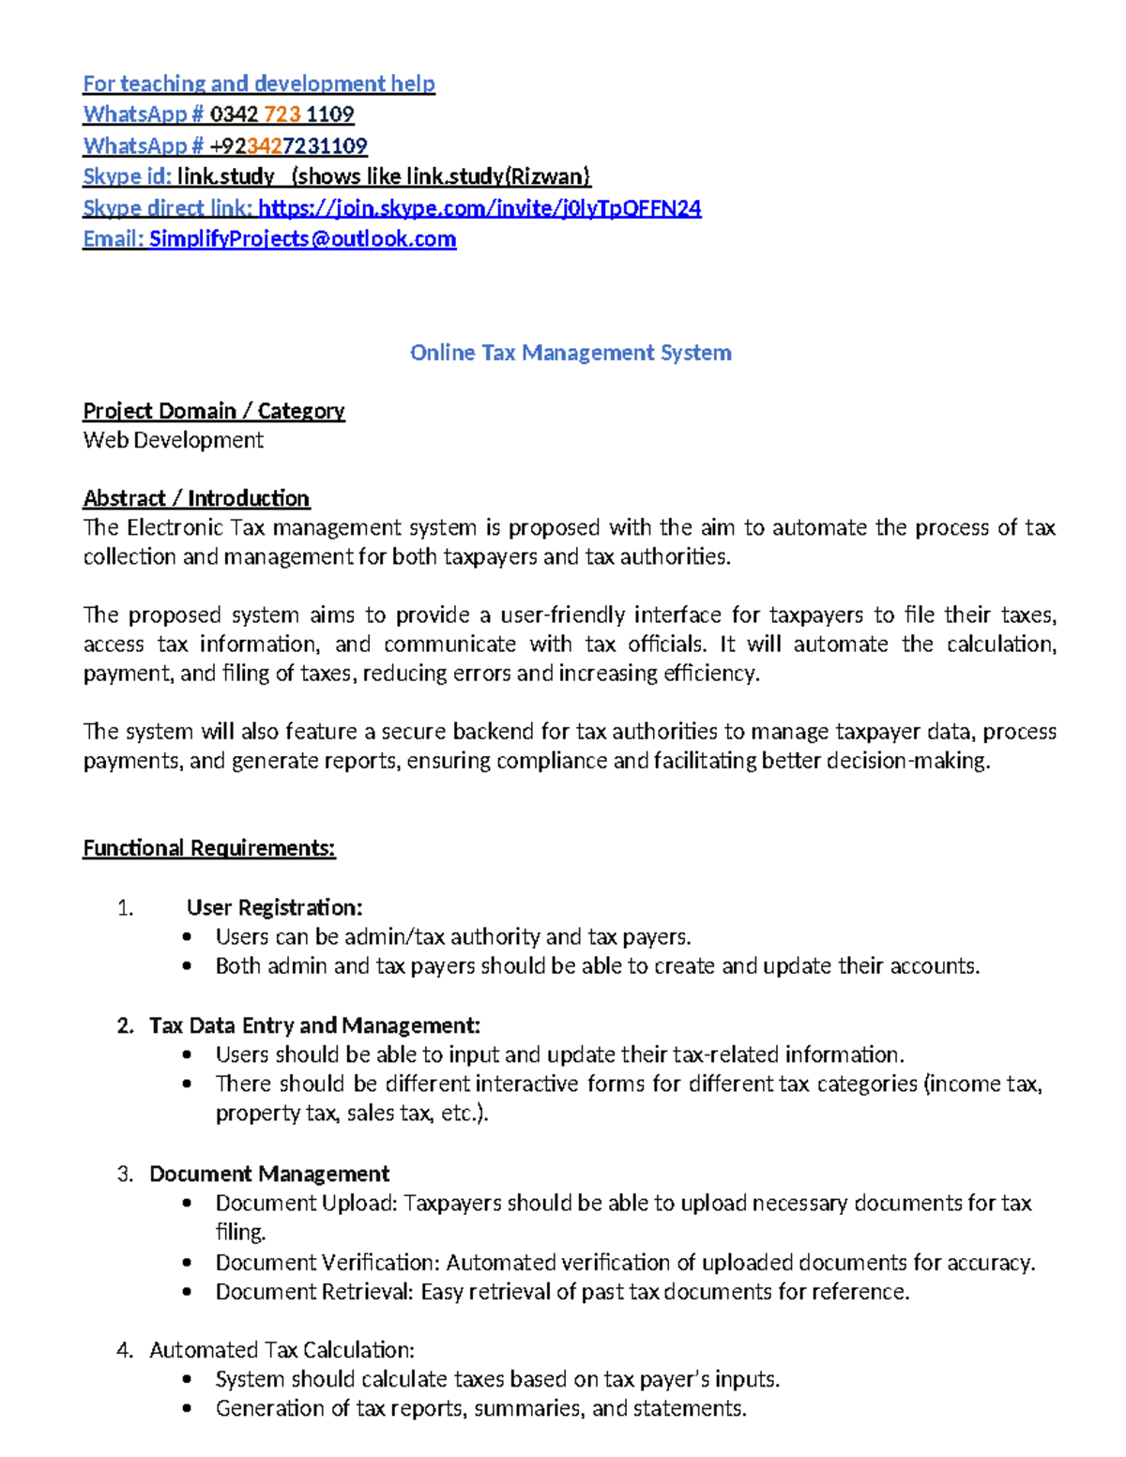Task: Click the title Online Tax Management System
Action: pos(571,353)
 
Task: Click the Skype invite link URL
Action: pos(479,208)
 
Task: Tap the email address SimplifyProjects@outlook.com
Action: pos(302,239)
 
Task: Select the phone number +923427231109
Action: pos(288,146)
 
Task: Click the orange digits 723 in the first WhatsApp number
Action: pos(282,114)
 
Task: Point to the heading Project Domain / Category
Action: pos(214,411)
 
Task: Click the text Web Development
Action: pos(174,440)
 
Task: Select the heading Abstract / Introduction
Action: pos(196,498)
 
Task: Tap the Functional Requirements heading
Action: pos(209,848)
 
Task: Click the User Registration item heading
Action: pos(274,907)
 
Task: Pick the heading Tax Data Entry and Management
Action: pos(314,1025)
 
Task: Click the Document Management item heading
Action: pos(269,1174)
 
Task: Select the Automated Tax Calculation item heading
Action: pos(281,1350)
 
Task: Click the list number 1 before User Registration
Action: pos(126,907)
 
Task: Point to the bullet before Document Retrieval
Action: pos(188,1292)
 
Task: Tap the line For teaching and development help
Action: pos(259,83)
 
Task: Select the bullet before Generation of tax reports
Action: pos(188,1408)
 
